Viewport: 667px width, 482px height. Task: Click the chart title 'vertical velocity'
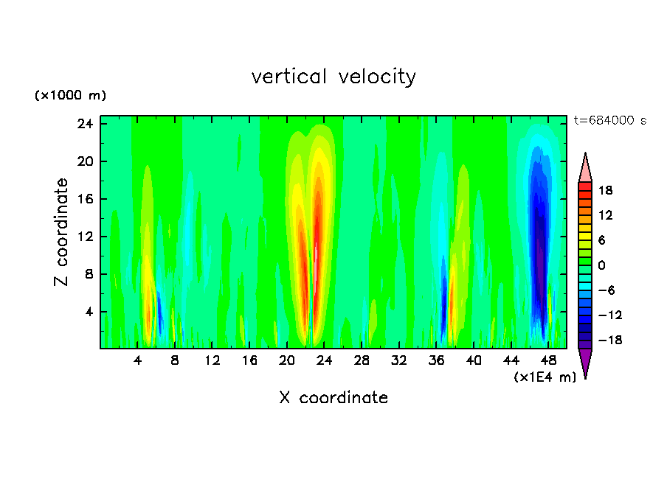(x=333, y=77)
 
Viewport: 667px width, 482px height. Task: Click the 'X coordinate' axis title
(x=333, y=398)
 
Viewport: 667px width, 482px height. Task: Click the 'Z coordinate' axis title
(x=62, y=232)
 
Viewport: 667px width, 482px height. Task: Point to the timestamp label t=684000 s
(x=609, y=121)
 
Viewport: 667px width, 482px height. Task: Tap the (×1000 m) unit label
(x=70, y=96)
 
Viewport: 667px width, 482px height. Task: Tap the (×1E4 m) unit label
(x=545, y=377)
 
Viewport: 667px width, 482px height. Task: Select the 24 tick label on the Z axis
(x=84, y=124)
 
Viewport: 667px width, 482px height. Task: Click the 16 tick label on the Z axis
(x=84, y=199)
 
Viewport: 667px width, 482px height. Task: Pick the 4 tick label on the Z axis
(x=88, y=312)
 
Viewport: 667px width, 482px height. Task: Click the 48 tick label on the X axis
(x=548, y=360)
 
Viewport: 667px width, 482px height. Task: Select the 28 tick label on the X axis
(x=362, y=360)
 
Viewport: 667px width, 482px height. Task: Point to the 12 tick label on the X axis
(x=212, y=360)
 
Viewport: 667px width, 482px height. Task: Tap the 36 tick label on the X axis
(x=436, y=360)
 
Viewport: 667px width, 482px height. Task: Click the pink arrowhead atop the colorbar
(x=585, y=167)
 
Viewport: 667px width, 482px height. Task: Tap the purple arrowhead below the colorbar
(x=585, y=363)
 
